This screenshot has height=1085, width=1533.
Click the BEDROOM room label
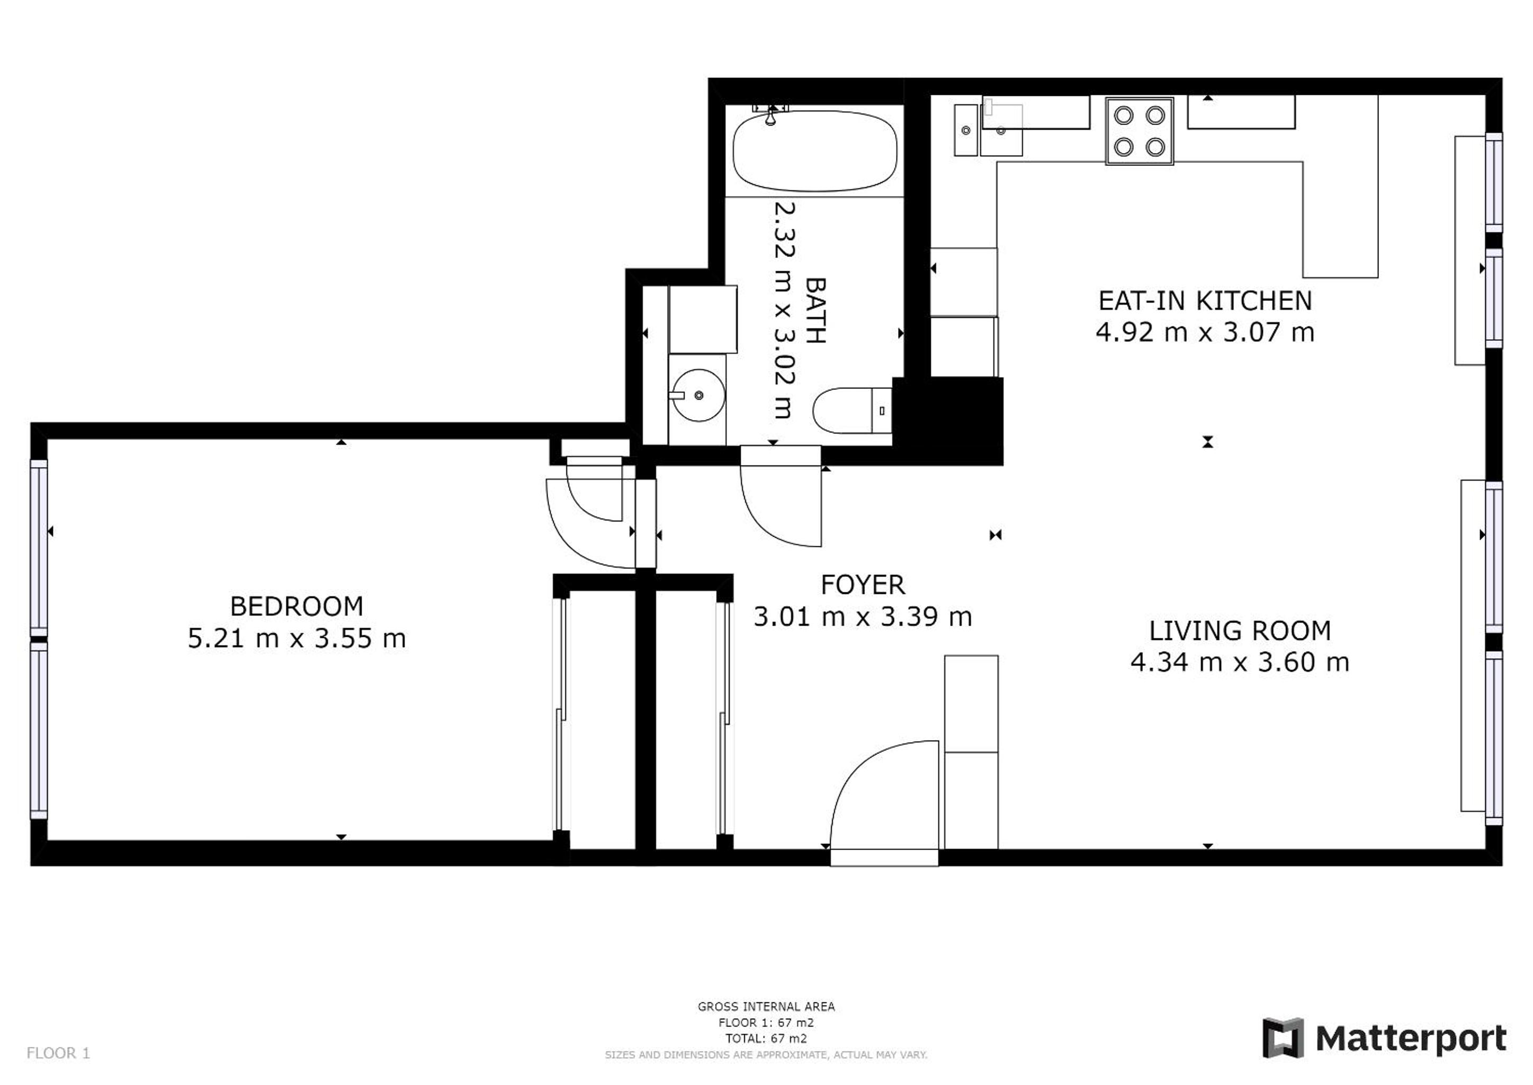click(x=297, y=607)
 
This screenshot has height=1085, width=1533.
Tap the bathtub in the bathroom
click(x=814, y=150)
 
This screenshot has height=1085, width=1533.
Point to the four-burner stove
click(x=1139, y=131)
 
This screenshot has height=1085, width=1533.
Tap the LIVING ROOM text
click(x=1240, y=630)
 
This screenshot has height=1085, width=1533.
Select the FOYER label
click(x=863, y=585)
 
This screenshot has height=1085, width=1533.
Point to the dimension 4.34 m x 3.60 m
click(x=1240, y=662)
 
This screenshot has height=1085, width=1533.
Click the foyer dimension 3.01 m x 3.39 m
click(x=863, y=617)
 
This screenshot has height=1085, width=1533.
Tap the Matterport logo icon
click(x=1283, y=1037)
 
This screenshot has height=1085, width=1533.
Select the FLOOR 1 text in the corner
click(x=58, y=1054)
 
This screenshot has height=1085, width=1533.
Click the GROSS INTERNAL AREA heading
click(x=766, y=1006)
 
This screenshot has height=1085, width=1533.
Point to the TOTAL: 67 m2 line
click(x=766, y=1038)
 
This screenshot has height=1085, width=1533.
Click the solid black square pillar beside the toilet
click(x=948, y=421)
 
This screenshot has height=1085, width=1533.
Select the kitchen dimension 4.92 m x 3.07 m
click(x=1205, y=332)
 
